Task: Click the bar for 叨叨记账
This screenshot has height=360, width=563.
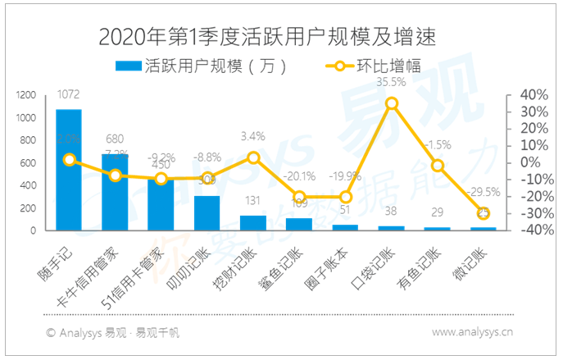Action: click(207, 213)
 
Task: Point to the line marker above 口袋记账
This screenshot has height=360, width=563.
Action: click(392, 103)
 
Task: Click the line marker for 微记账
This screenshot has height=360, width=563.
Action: click(484, 213)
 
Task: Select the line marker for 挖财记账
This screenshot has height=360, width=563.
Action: click(253, 157)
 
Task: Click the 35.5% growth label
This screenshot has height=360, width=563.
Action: click(391, 82)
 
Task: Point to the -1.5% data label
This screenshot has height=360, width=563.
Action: click(438, 145)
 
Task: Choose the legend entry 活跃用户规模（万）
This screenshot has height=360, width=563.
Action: click(201, 66)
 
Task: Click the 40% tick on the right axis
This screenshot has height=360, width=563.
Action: click(521, 95)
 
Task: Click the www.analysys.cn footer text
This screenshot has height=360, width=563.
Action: click(472, 333)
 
